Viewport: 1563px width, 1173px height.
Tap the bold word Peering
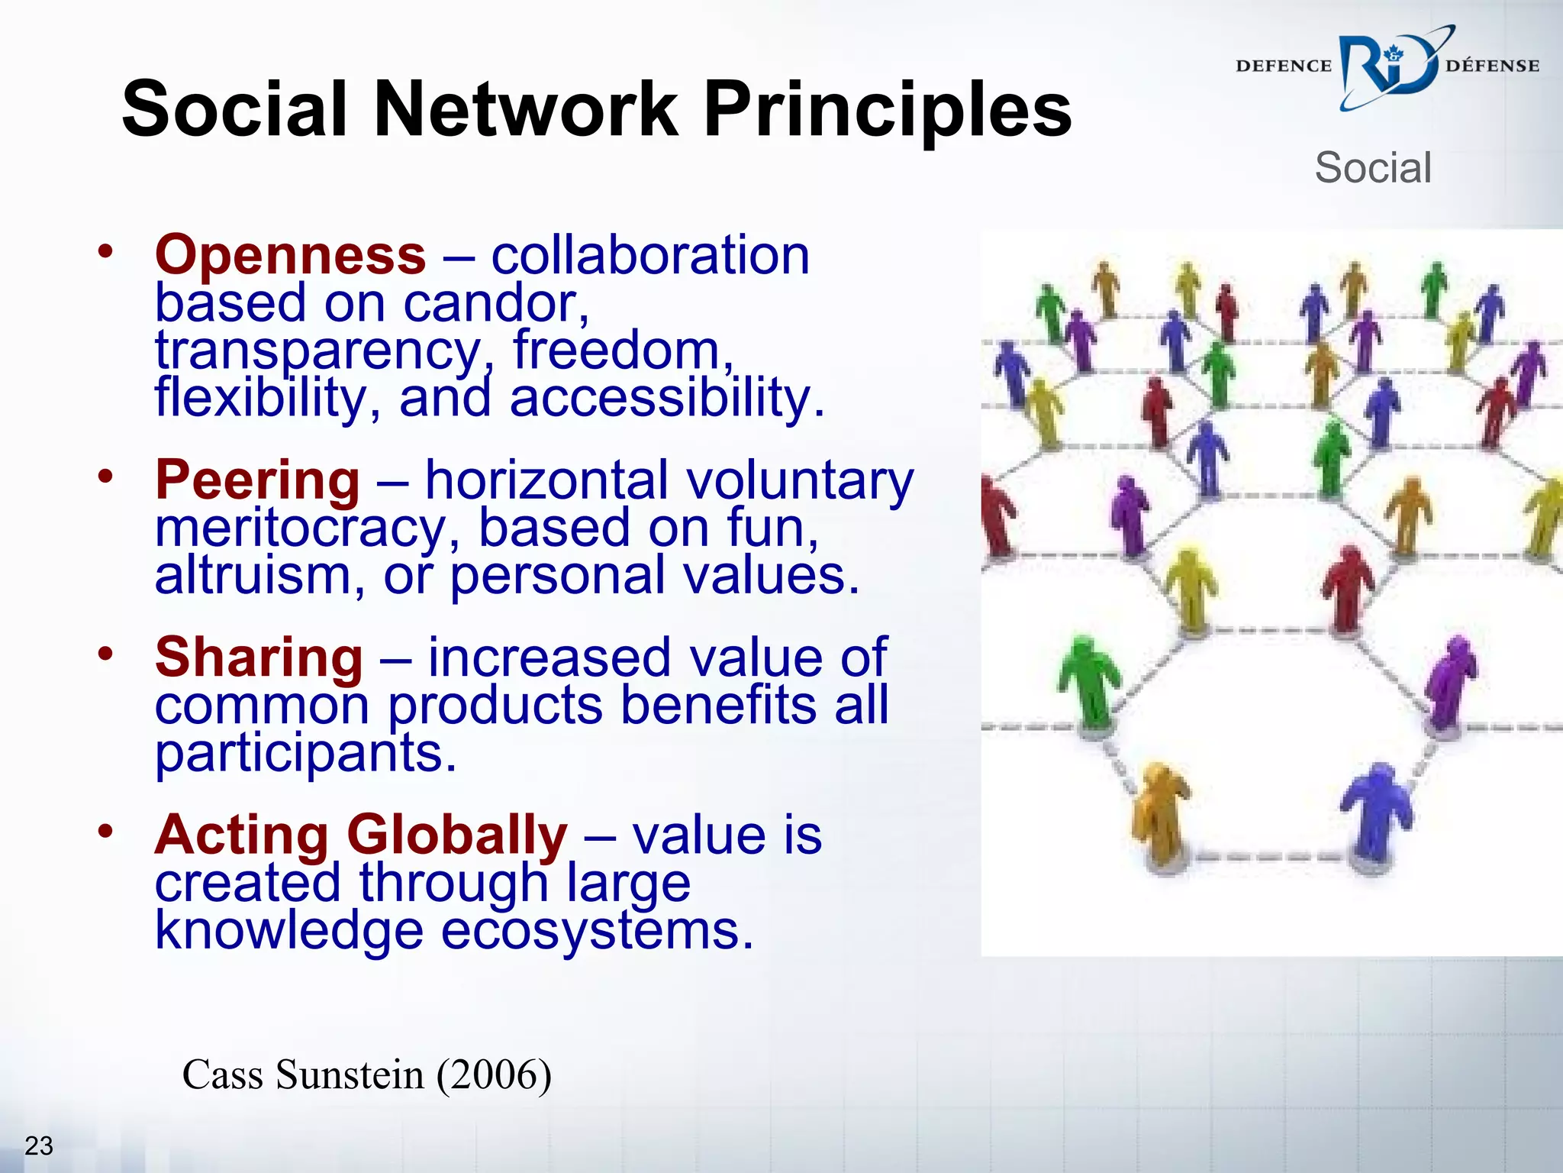pos(257,480)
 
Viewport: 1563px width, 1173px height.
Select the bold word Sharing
pos(259,658)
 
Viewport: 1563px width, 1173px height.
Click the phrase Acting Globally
pos(361,835)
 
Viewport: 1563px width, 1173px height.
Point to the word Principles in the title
pos(887,111)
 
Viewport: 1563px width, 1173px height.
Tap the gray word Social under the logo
pos(1372,167)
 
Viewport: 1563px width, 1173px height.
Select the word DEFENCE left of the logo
pos(1283,66)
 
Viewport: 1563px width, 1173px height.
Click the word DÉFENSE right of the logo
pos(1492,66)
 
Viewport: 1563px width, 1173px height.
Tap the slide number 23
pos(39,1146)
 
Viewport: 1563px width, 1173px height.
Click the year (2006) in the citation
pos(494,1074)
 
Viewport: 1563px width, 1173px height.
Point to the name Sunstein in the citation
pos(349,1074)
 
